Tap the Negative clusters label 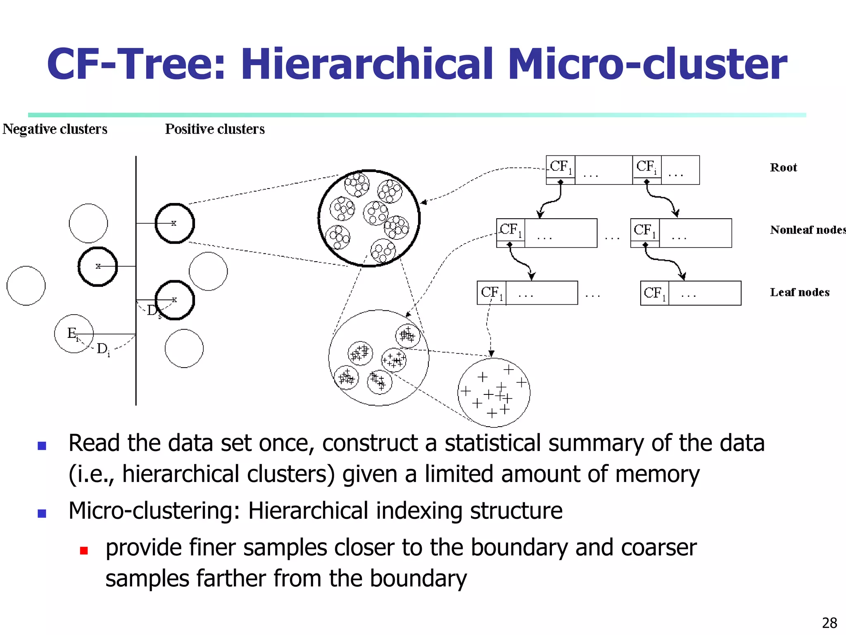[x=55, y=129]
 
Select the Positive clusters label [x=215, y=129]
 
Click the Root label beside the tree [x=783, y=167]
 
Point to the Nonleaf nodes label [x=808, y=230]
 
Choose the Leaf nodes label [x=800, y=292]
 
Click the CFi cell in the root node [x=646, y=167]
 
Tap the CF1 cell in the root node [x=561, y=167]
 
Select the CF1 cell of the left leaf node [x=492, y=293]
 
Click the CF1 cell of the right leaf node [x=655, y=293]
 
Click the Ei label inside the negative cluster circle [x=72, y=333]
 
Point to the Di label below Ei [x=103, y=349]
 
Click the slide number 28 [x=829, y=623]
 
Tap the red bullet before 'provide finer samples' [x=84, y=551]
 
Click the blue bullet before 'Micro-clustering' [x=42, y=513]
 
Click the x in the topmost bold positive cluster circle [x=174, y=223]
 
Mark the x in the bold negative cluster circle [x=98, y=266]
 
